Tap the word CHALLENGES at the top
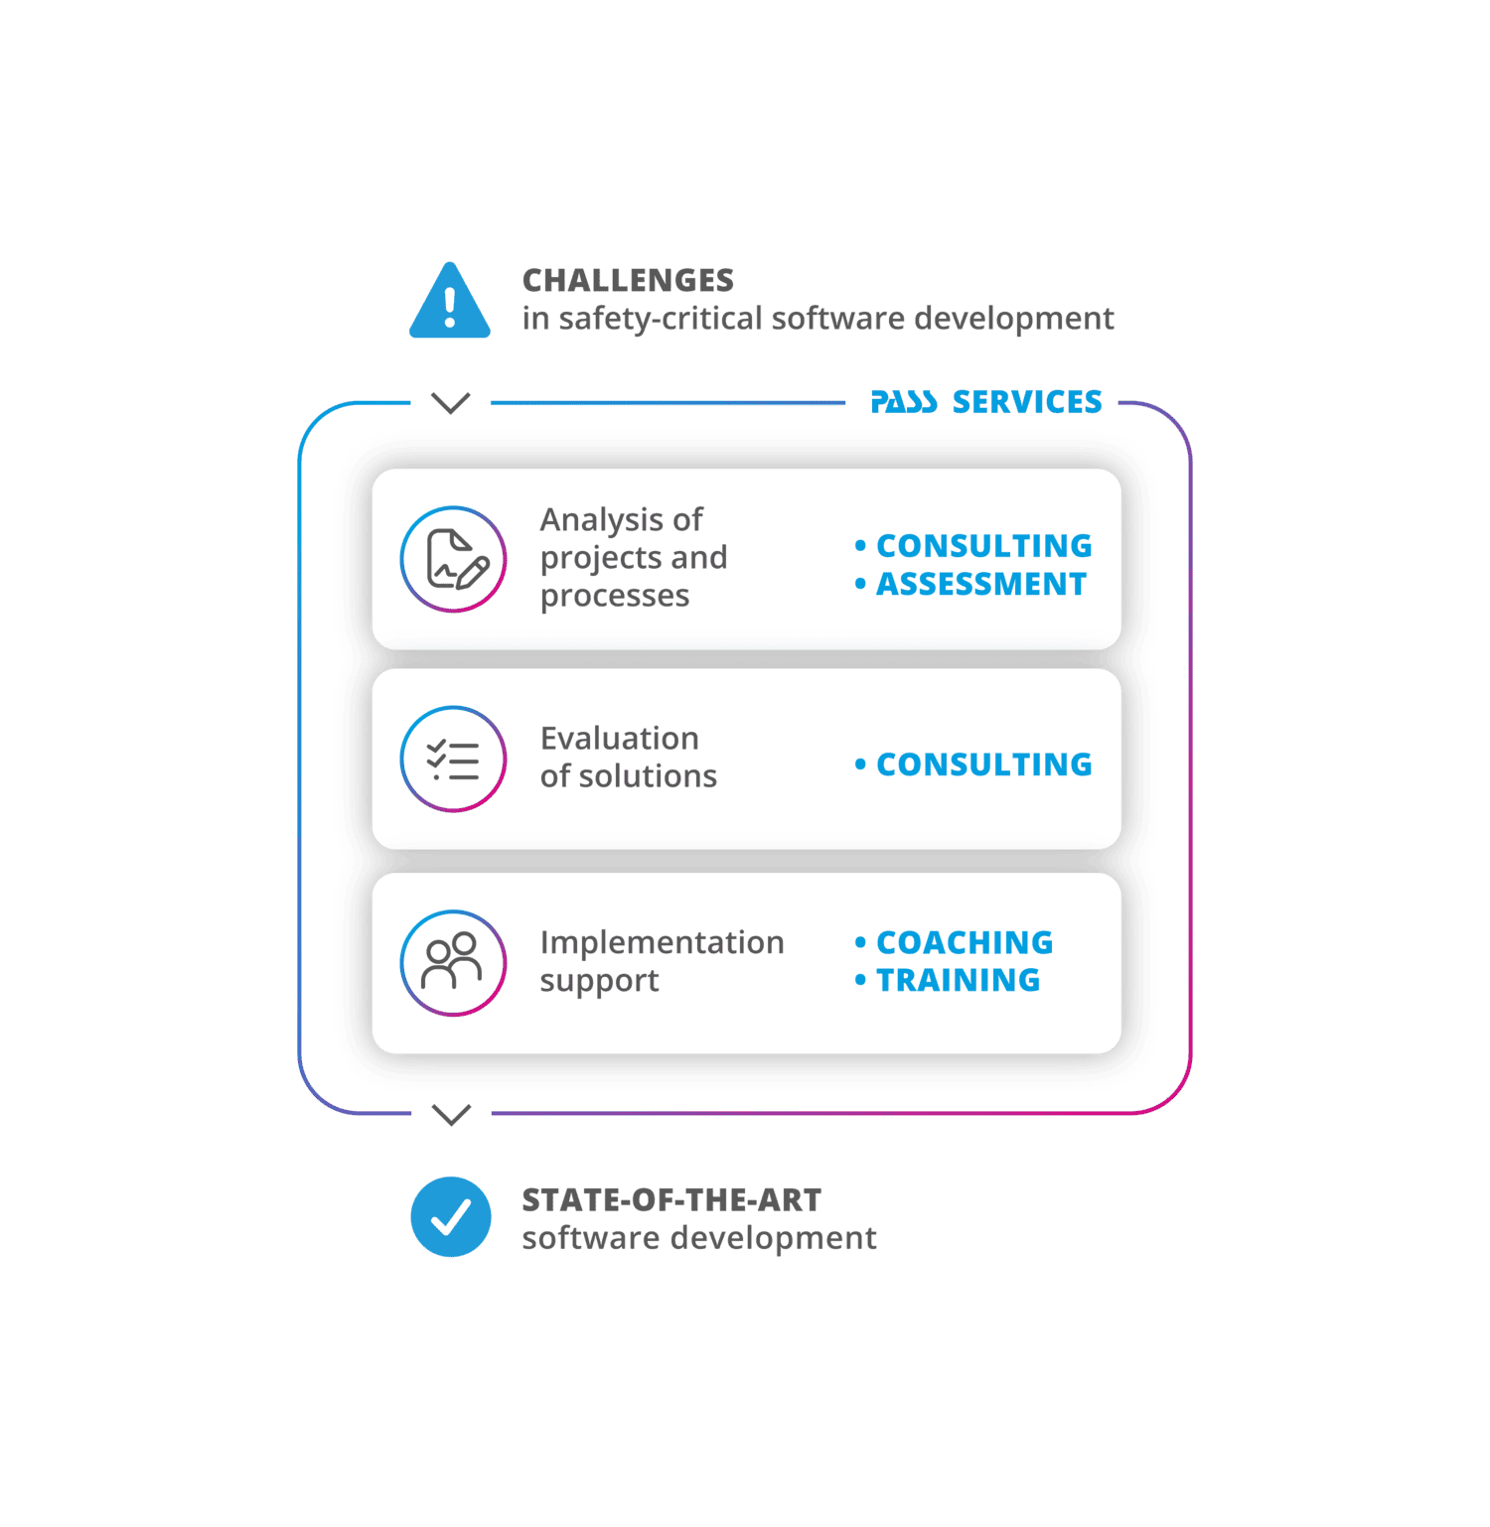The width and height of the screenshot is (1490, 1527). pos(628,281)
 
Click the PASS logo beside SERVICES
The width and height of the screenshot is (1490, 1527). pos(903,402)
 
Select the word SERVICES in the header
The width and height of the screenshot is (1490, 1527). pos(1027,402)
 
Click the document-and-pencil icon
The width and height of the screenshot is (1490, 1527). pos(454,559)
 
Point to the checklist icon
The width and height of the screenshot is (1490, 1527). pos(454,760)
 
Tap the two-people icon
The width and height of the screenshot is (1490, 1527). pos(454,963)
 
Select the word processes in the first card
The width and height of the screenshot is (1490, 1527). pos(615,596)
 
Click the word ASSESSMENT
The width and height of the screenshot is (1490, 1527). pos(981,584)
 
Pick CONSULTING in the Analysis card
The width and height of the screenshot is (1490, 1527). pos(983,546)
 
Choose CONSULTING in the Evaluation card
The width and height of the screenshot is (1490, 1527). pos(983,764)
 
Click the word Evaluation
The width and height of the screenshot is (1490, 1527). pos(620,739)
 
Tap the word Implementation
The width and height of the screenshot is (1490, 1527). pos(662,942)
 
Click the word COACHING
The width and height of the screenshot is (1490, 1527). pos(965,942)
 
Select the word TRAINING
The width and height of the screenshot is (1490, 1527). pos(958,980)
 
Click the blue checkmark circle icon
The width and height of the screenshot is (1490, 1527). pos(451,1217)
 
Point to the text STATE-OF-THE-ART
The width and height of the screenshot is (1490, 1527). pos(671,1201)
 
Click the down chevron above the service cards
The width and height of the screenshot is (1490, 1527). pos(451,403)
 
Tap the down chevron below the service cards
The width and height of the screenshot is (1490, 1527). pos(452,1115)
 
